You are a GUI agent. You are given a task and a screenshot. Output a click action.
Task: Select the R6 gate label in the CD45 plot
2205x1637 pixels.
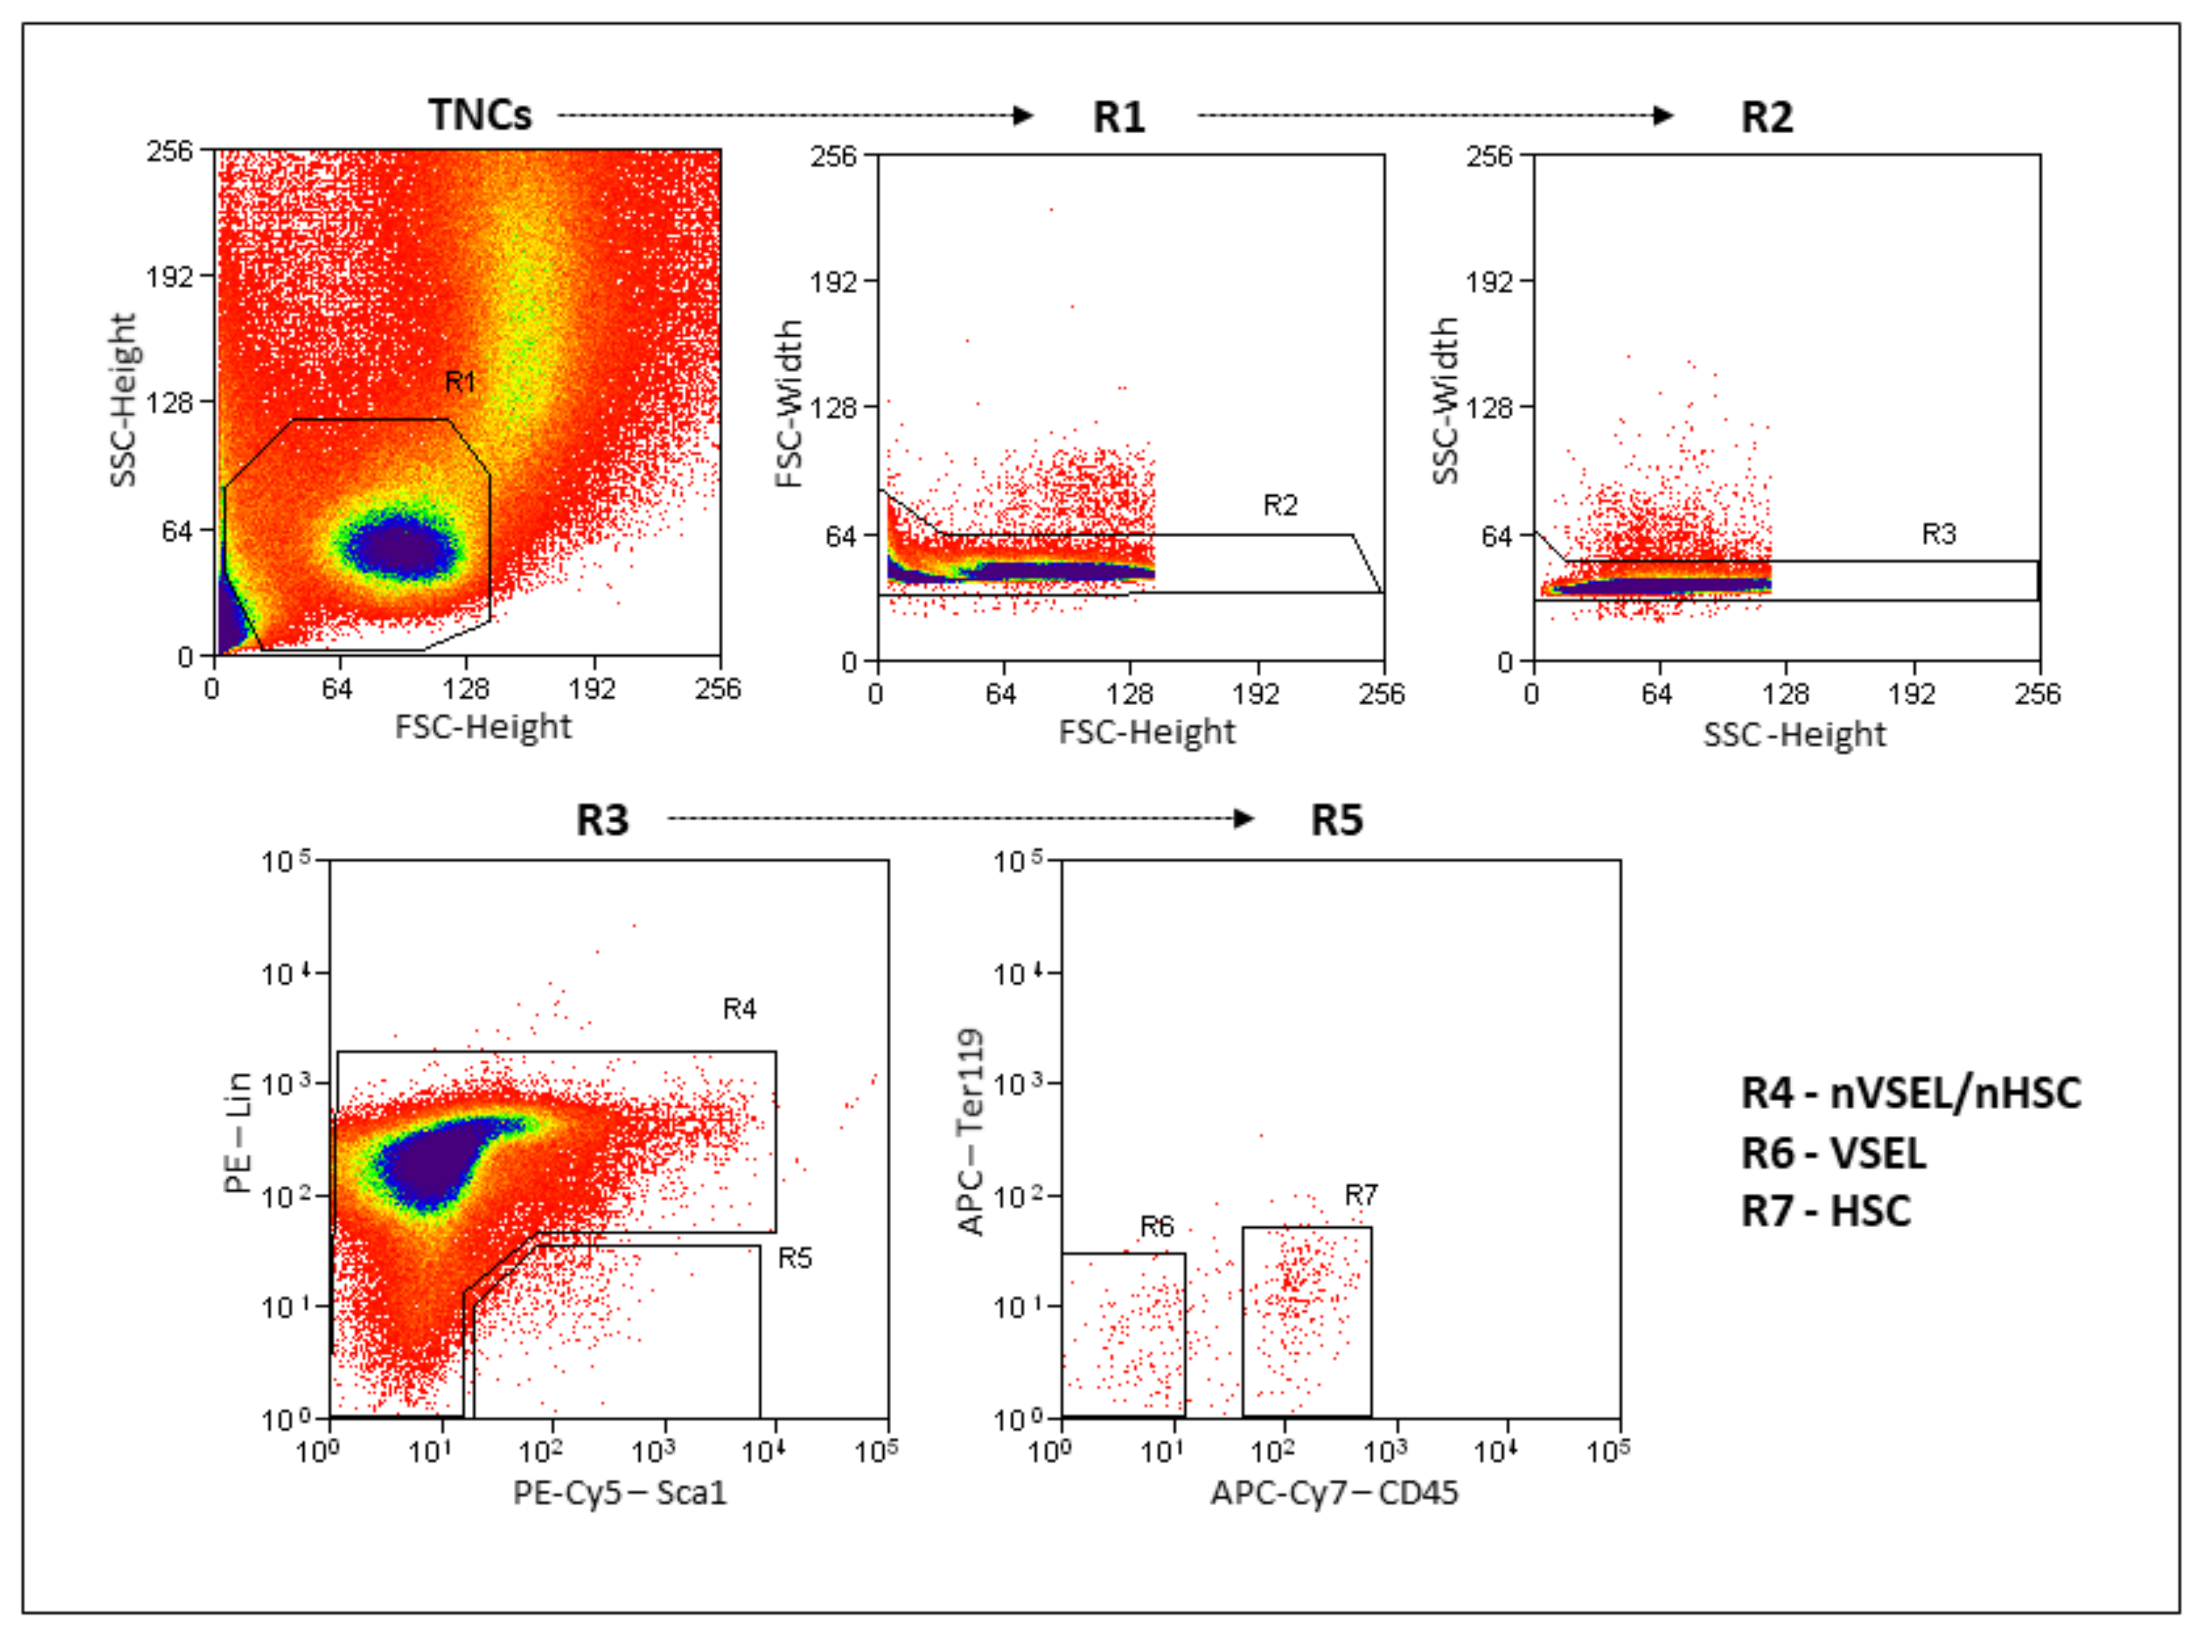tap(1156, 1227)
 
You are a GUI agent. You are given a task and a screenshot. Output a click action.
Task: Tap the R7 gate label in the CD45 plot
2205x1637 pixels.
tap(1360, 1195)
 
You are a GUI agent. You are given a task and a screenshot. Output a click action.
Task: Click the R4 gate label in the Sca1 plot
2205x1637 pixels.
tap(739, 1008)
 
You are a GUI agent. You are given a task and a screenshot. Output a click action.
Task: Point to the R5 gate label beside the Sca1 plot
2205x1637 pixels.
tap(795, 1258)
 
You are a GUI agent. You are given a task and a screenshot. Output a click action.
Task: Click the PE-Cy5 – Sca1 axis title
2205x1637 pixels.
tap(619, 1492)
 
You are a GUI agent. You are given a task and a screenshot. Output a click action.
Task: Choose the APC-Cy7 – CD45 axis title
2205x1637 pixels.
tap(1334, 1492)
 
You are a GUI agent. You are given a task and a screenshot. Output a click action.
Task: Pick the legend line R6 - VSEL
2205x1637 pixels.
tap(1833, 1153)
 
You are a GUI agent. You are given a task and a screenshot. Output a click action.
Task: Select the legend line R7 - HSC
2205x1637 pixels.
tap(1826, 1211)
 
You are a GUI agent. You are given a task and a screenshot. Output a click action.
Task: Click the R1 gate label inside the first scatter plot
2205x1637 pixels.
tap(460, 381)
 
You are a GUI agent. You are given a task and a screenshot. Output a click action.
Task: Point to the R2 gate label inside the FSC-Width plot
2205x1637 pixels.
tap(1279, 505)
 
